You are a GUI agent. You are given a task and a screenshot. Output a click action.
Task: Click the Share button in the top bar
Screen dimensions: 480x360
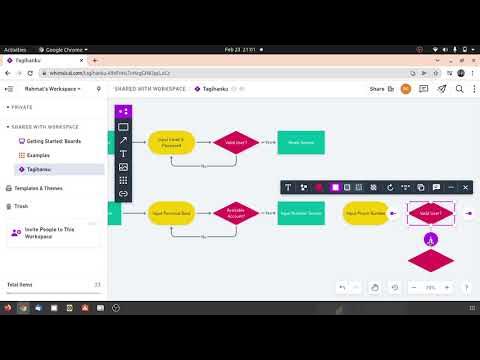coord(377,89)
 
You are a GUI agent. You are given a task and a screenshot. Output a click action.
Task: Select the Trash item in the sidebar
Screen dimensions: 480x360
coord(22,206)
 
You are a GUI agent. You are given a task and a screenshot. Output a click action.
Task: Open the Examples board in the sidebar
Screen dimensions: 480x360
coord(38,155)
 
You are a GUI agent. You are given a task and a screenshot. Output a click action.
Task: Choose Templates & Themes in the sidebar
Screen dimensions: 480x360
coord(38,188)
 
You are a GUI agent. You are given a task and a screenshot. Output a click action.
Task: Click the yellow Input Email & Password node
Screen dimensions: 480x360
coord(170,143)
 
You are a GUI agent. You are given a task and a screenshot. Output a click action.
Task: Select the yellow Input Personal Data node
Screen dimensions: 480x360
coord(170,212)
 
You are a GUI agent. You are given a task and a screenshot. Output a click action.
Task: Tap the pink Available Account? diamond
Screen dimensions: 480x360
coord(236,212)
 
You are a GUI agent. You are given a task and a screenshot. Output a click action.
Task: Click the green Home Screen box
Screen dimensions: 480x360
coord(300,143)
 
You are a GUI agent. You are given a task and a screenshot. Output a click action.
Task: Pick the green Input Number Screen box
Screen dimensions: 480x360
coord(300,212)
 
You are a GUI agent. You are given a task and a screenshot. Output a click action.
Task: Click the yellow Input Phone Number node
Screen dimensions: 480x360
coord(366,213)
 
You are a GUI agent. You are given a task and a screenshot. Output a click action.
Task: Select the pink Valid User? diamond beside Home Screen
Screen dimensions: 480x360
coord(236,143)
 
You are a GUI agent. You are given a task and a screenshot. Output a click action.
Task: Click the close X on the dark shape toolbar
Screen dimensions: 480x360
coord(465,187)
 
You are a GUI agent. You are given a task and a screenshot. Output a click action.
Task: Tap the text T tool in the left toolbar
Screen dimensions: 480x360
coord(123,153)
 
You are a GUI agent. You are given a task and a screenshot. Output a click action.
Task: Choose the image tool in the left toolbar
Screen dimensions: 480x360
coord(123,167)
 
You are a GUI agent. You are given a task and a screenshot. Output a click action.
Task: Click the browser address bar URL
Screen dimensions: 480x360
coord(90,72)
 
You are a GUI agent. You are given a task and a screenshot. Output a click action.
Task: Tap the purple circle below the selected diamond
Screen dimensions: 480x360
coord(431,239)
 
